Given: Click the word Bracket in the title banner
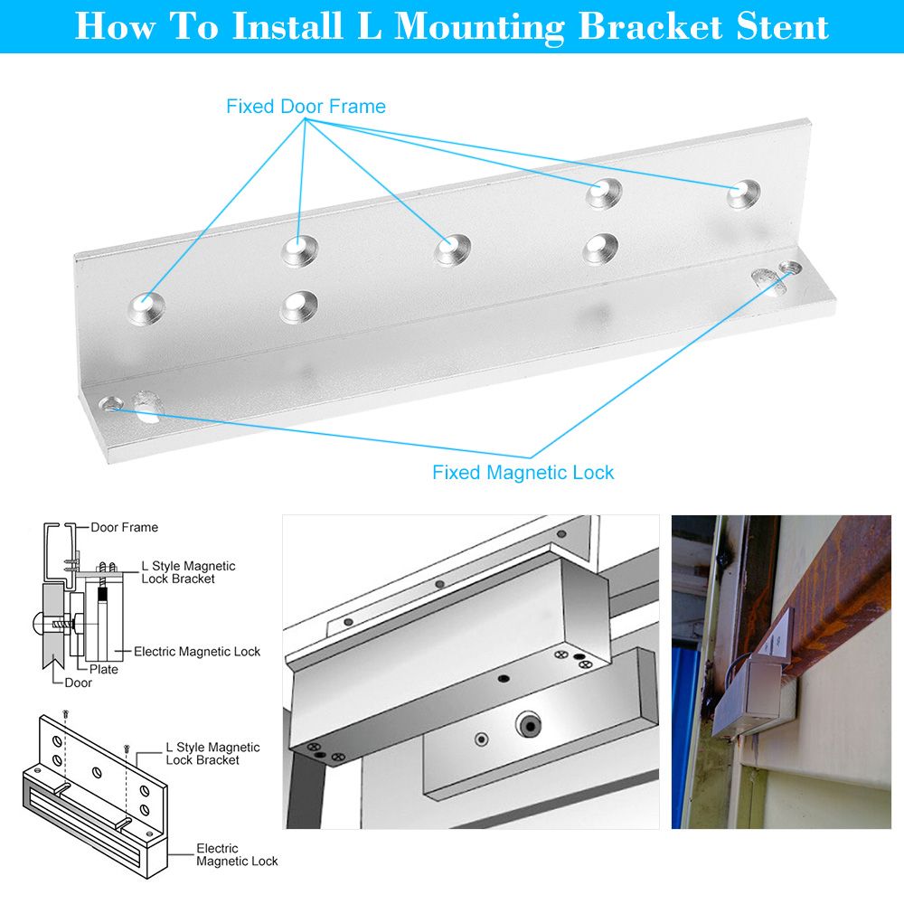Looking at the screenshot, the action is pyautogui.click(x=650, y=26).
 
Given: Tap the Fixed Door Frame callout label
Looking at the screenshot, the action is pyautogui.click(x=306, y=107).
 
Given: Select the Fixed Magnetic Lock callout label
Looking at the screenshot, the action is pyautogui.click(x=523, y=473).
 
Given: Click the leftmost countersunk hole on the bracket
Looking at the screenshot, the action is pyautogui.click(x=146, y=307).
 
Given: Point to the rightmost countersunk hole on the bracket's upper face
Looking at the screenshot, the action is pyautogui.click(x=743, y=194).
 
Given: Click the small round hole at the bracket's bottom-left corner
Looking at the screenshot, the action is pyautogui.click(x=110, y=404).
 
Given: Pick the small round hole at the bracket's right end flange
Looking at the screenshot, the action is pyautogui.click(x=790, y=268).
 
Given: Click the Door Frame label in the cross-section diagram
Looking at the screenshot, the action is pyautogui.click(x=124, y=528).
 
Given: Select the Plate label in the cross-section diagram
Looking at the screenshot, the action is pyautogui.click(x=104, y=669).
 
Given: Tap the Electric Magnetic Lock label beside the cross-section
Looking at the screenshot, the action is pyautogui.click(x=197, y=652).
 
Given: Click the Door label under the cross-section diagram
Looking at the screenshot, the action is pyautogui.click(x=78, y=683).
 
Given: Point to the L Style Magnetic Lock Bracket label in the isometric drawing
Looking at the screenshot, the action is pyautogui.click(x=212, y=754).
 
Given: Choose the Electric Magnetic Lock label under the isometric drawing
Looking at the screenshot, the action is pyautogui.click(x=237, y=855).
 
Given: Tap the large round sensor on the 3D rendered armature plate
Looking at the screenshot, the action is pyautogui.click(x=529, y=723).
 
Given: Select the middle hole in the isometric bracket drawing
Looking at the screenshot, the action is pyautogui.click(x=97, y=771).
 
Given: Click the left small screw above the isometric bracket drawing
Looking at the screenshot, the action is pyautogui.click(x=65, y=714).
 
